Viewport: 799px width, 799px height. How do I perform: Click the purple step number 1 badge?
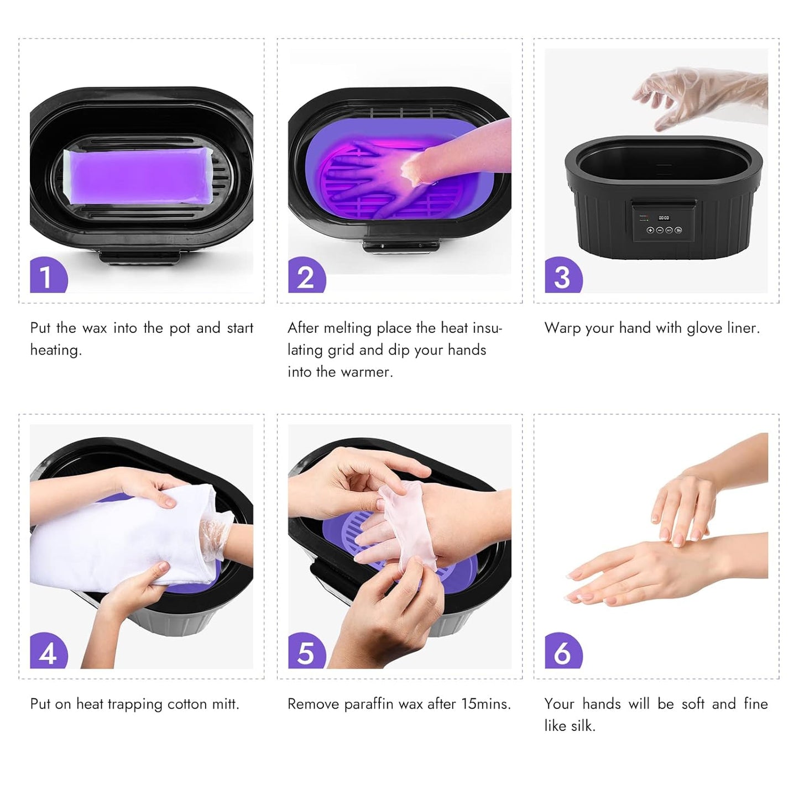48,275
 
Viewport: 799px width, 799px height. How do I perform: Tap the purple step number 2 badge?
306,275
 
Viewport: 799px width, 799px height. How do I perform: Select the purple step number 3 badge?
563,275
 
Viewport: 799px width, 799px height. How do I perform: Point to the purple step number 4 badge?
48,651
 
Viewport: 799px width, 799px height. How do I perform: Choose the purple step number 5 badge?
306,651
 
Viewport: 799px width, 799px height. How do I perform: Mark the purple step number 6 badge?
563,651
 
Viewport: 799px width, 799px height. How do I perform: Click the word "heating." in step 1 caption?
56,350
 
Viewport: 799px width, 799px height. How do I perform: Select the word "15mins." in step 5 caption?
486,704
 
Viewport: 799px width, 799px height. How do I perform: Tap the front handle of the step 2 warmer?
401,245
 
